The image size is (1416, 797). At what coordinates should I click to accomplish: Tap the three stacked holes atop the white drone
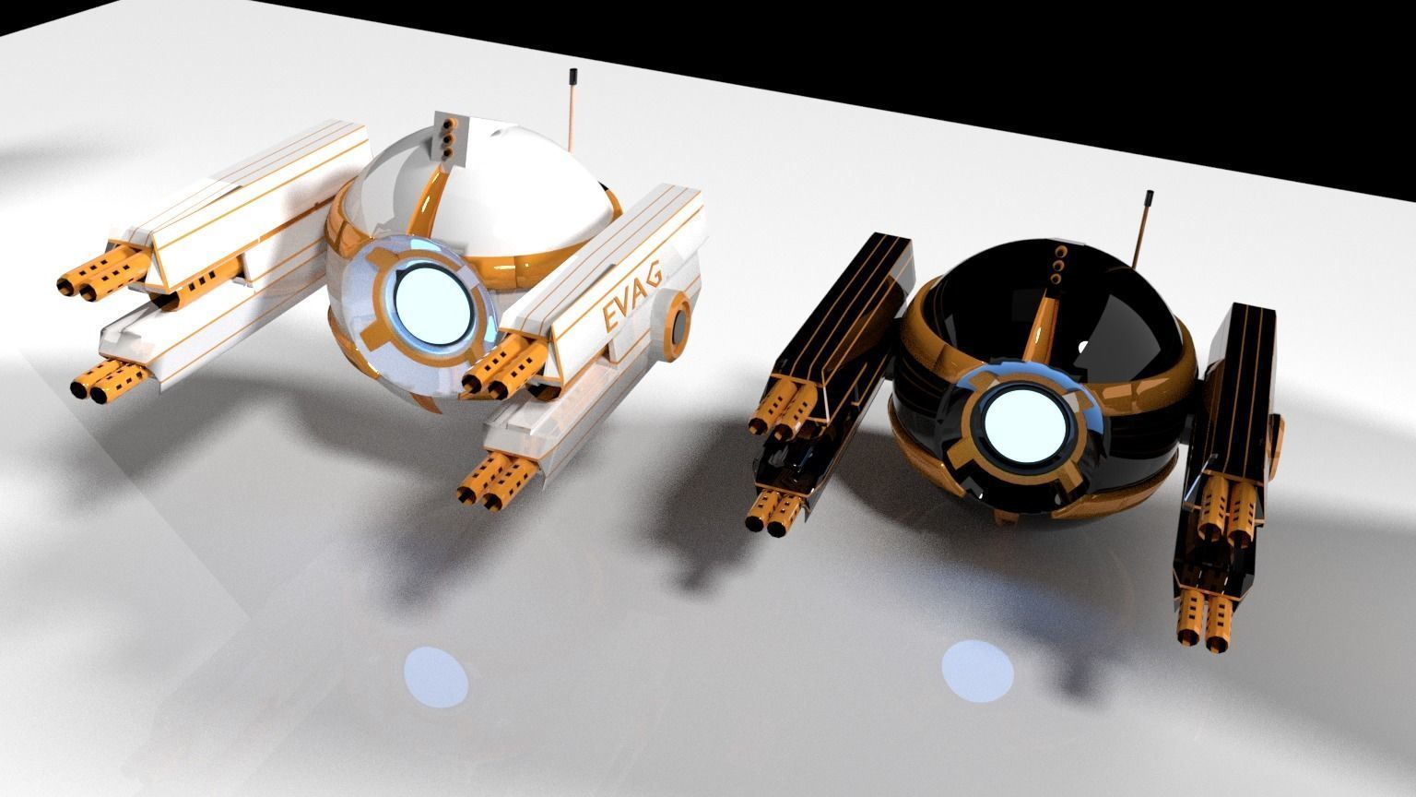pyautogui.click(x=447, y=136)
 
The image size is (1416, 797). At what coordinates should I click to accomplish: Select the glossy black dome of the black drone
pyautogui.click(x=1115, y=304)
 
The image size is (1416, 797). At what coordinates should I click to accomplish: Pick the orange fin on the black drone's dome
pyautogui.click(x=1044, y=323)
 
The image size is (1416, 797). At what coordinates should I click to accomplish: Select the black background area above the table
pyautogui.click(x=1014, y=55)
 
